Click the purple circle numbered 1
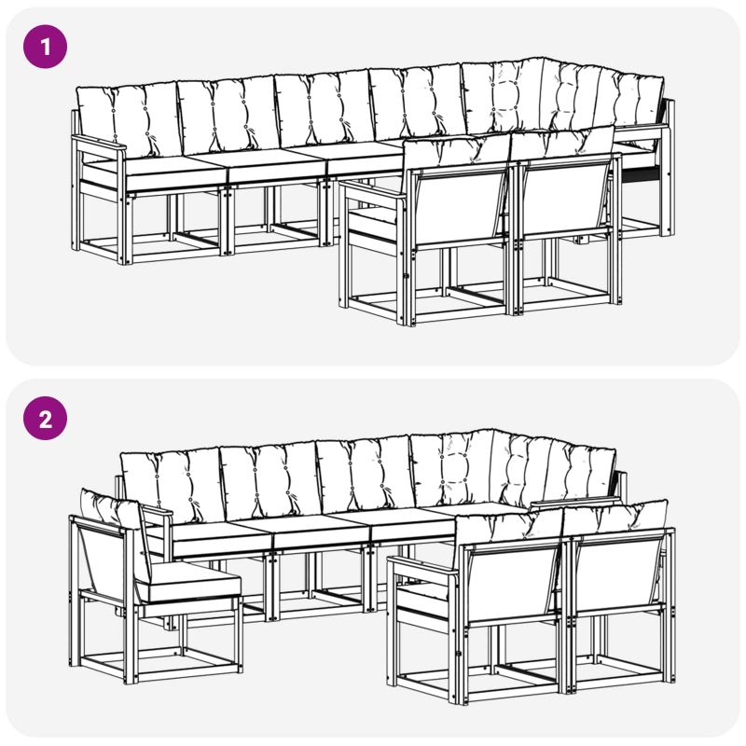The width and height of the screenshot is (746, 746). pyautogui.click(x=45, y=47)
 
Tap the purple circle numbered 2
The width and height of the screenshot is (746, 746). pyautogui.click(x=45, y=418)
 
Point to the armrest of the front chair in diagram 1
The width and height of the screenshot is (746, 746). pyautogui.click(x=372, y=189)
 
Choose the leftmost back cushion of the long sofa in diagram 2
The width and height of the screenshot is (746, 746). pyautogui.click(x=172, y=486)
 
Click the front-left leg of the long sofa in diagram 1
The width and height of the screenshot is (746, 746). pyautogui.click(x=125, y=228)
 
